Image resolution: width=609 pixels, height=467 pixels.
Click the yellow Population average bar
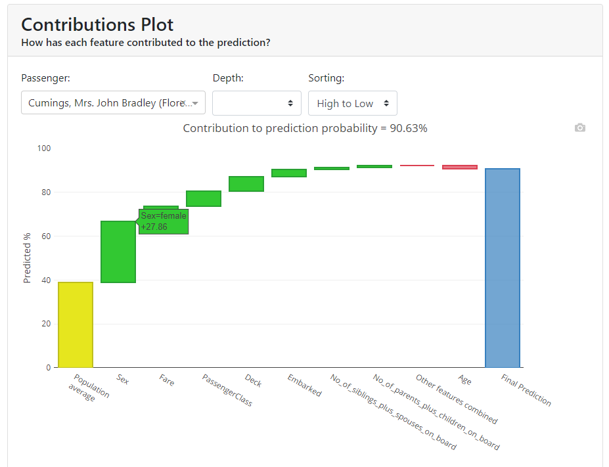point(75,324)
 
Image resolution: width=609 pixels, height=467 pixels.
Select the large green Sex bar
point(118,252)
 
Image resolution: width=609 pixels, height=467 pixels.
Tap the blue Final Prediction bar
point(503,268)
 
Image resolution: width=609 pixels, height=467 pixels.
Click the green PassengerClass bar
point(203,198)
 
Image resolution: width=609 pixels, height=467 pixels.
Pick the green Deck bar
point(246,184)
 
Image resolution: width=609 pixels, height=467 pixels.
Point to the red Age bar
point(459,167)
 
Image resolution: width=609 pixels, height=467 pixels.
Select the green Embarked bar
point(289,173)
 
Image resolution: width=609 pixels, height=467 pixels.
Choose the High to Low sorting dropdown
point(353,103)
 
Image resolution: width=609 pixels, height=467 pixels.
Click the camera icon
point(579,127)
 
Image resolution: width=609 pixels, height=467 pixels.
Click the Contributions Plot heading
point(97,25)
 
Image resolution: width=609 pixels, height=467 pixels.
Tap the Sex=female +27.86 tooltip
point(164,221)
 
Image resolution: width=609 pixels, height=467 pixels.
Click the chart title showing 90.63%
point(305,128)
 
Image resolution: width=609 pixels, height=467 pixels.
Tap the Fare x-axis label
point(167,379)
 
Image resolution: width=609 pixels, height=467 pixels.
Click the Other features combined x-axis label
point(457,399)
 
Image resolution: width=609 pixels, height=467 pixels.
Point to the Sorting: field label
point(326,78)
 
